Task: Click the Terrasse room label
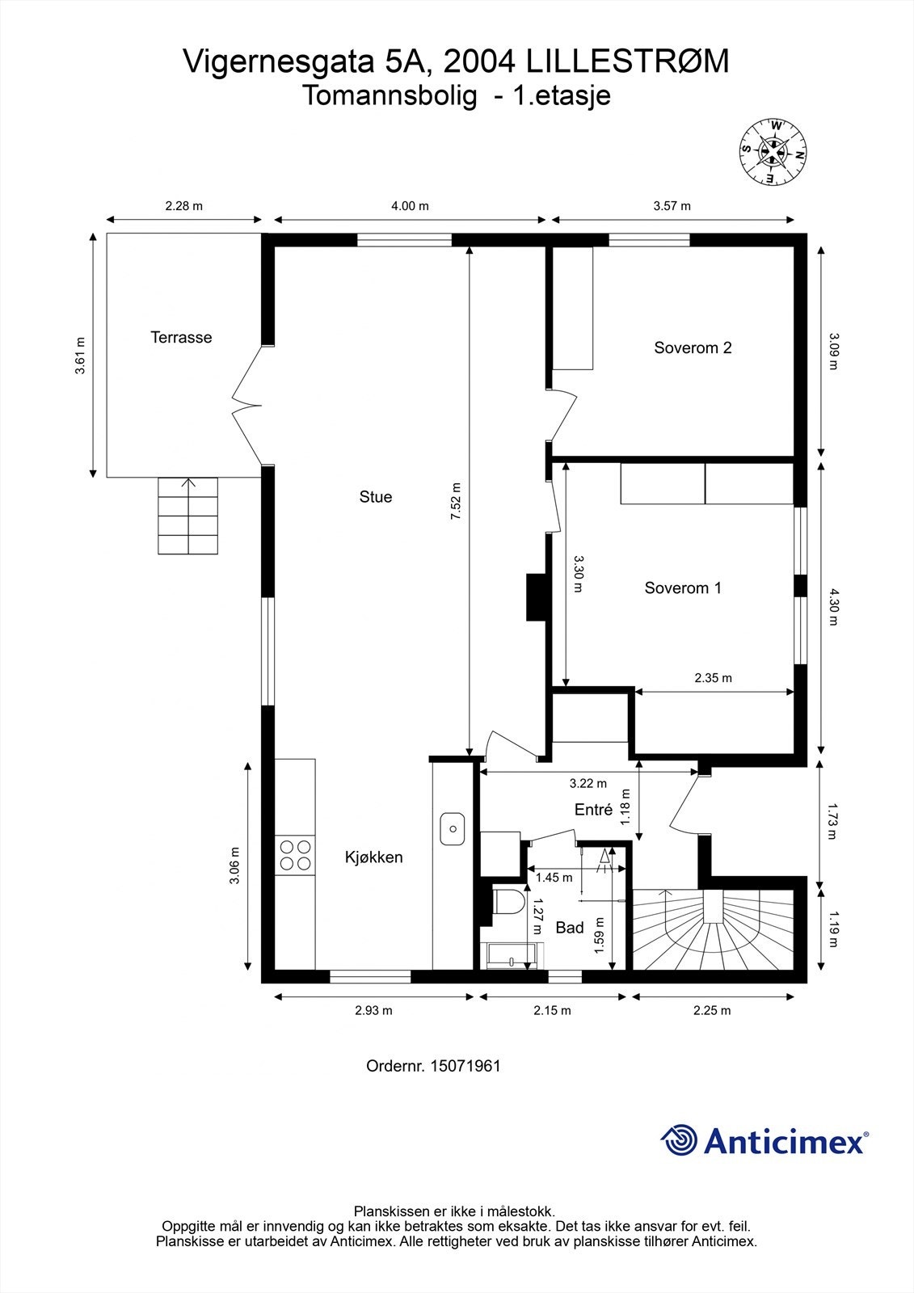coord(181,338)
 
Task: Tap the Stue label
coord(376,497)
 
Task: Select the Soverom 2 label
coord(693,348)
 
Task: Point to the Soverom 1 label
coord(683,588)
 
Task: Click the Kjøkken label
coord(373,857)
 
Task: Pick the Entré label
coord(593,810)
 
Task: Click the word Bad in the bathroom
coord(569,928)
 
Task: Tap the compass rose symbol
coord(774,150)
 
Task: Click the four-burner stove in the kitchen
coord(295,855)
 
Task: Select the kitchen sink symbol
coord(453,828)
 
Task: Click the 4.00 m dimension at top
coord(410,206)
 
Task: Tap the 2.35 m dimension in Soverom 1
coord(713,678)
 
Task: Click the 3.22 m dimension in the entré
coord(588,783)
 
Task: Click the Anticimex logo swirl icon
coord(680,1141)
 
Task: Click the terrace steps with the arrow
coord(188,516)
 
